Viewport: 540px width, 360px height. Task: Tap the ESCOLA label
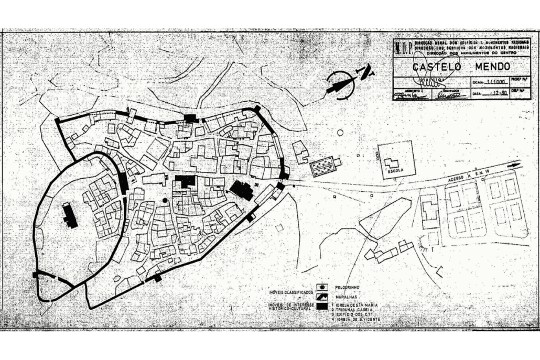pos(394,171)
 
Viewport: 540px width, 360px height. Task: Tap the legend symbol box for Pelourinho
pos(322,288)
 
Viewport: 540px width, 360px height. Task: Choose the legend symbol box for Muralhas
pos(322,297)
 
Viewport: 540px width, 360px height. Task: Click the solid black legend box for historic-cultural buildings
pos(322,306)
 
